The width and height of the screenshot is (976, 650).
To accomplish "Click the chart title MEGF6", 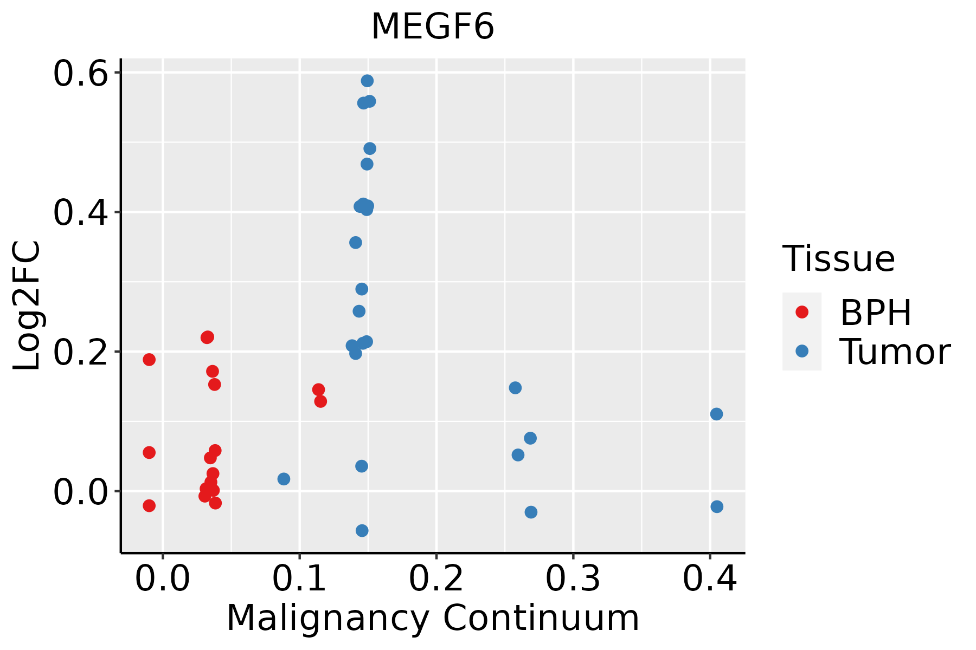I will pos(433,27).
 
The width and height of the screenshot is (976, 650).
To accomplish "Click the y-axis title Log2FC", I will pos(27,305).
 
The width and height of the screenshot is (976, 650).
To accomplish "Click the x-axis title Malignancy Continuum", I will pos(433,618).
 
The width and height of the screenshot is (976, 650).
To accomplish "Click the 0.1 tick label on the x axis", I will pos(299,579).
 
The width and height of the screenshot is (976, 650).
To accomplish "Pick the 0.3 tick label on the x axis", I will pos(573,579).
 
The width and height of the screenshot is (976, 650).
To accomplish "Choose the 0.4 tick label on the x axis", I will pos(709,579).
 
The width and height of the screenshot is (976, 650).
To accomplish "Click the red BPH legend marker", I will pos(801,312).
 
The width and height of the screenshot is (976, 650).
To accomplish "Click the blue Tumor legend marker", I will pos(801,352).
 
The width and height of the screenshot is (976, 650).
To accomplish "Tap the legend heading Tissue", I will pos(839,259).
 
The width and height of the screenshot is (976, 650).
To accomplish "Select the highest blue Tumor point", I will pos(367,81).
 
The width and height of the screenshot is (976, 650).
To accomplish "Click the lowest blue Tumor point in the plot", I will pos(362,530).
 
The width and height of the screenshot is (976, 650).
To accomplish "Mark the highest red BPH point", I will pos(207,337).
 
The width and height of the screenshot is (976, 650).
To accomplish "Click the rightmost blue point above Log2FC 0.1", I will pos(716,414).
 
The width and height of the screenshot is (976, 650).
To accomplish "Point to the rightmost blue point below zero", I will pos(717,506).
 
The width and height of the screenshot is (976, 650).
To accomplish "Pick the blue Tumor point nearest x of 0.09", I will pos(284,479).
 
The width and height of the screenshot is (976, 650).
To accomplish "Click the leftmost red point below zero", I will pos(149,505).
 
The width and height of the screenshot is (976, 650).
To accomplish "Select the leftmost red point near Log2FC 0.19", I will pos(149,360).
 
